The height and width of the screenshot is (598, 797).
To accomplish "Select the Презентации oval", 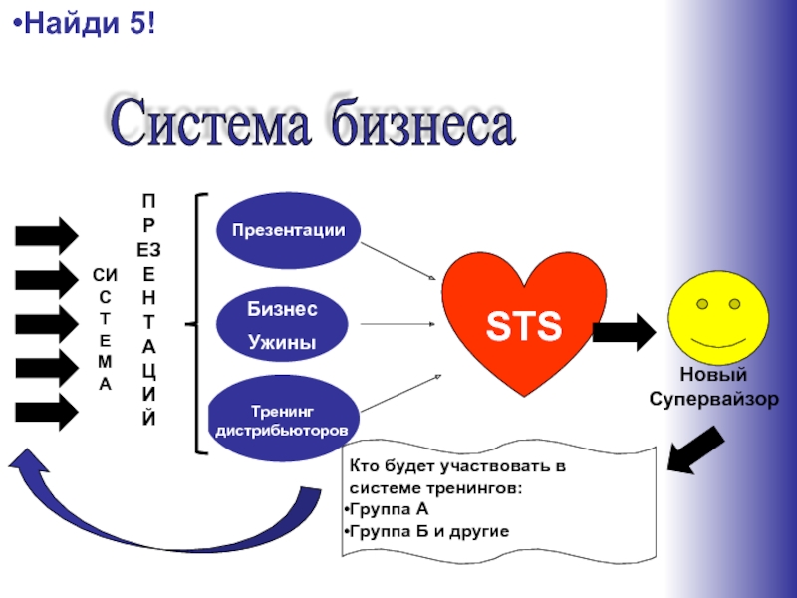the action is (288, 230).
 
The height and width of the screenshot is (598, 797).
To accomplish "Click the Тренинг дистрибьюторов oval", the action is (282, 420).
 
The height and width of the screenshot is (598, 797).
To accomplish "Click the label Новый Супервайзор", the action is (715, 390).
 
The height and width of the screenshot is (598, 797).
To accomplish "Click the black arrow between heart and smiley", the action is (624, 328).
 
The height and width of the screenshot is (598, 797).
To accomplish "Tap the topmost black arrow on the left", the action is (45, 235).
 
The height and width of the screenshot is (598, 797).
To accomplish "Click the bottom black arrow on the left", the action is (45, 412).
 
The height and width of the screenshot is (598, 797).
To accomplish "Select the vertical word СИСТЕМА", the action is (105, 328).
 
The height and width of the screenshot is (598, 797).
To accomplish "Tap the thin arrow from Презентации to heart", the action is (398, 262).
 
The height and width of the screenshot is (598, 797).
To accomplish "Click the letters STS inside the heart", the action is (523, 325).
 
